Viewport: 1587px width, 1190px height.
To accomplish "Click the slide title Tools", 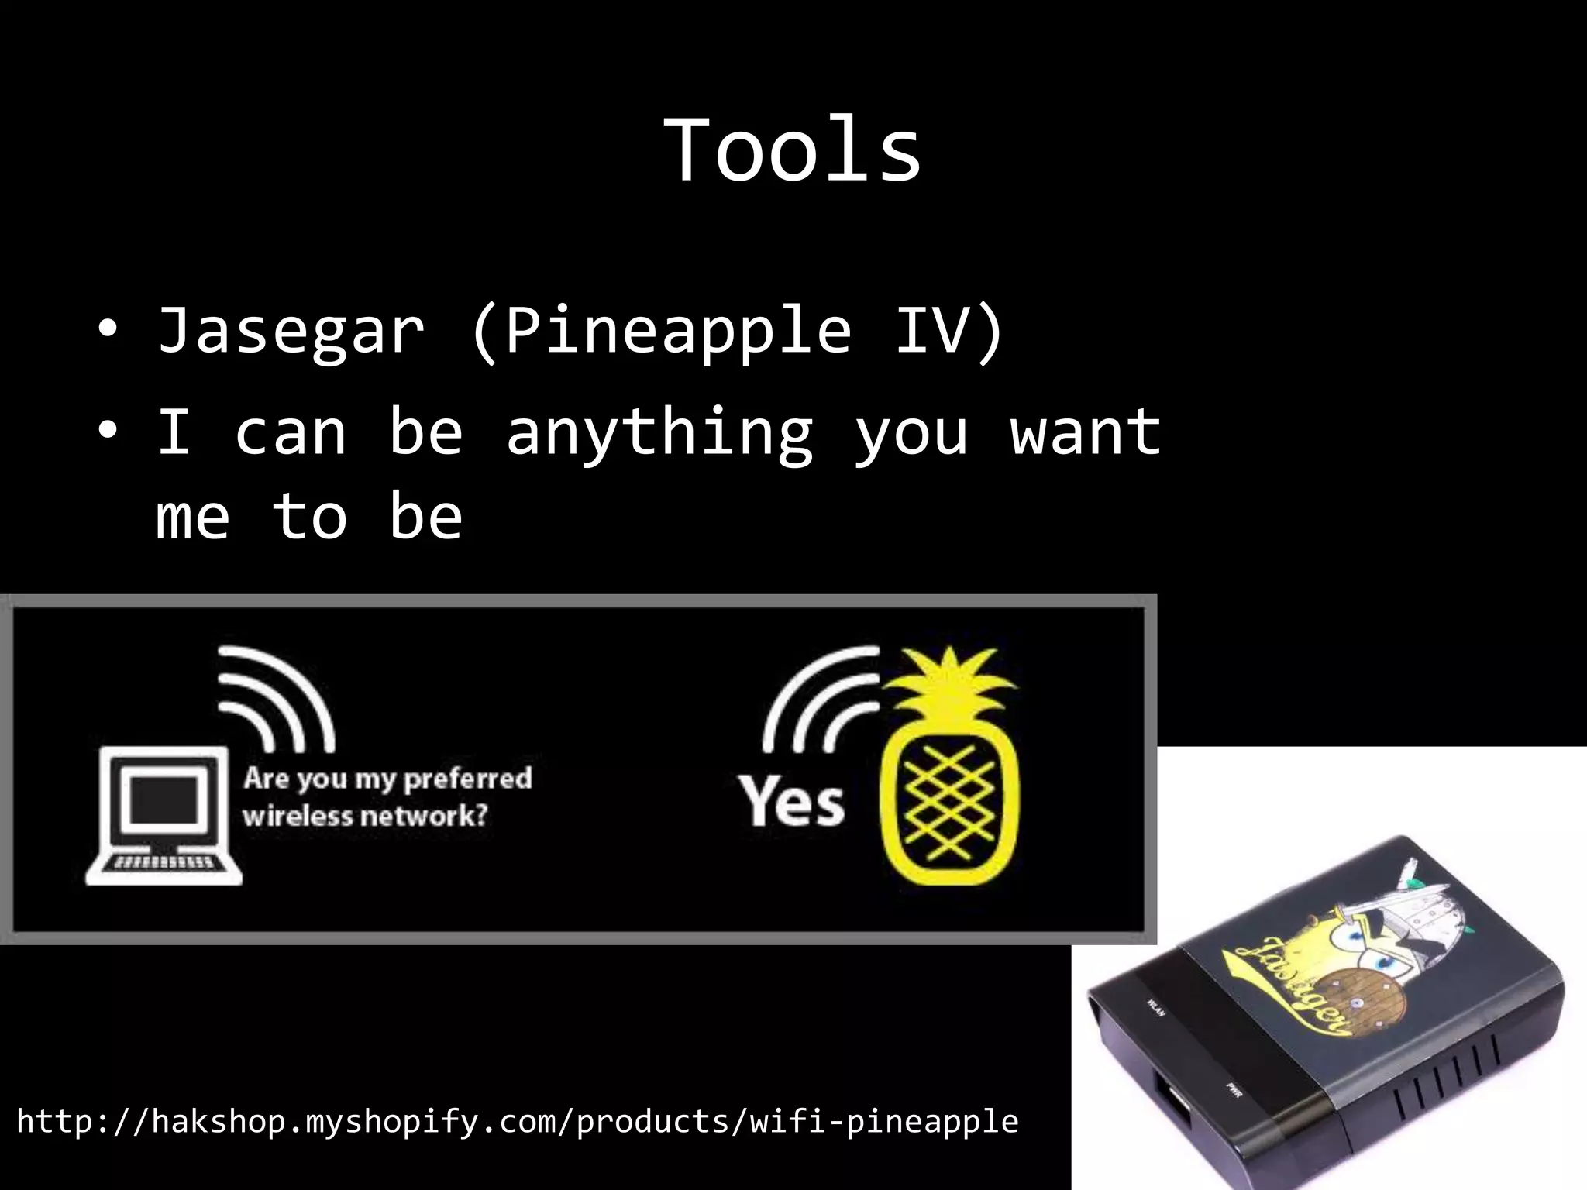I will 793,150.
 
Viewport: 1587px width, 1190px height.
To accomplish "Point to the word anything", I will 659,434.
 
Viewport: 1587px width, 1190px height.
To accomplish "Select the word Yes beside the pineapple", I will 790,801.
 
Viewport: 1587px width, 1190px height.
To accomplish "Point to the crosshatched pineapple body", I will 949,806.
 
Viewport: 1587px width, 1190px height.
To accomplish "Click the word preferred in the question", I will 468,778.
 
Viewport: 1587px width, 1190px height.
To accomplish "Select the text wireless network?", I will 365,816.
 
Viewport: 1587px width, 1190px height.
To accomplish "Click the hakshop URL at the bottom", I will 517,1122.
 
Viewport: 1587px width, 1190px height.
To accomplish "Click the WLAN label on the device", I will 1155,1008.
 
